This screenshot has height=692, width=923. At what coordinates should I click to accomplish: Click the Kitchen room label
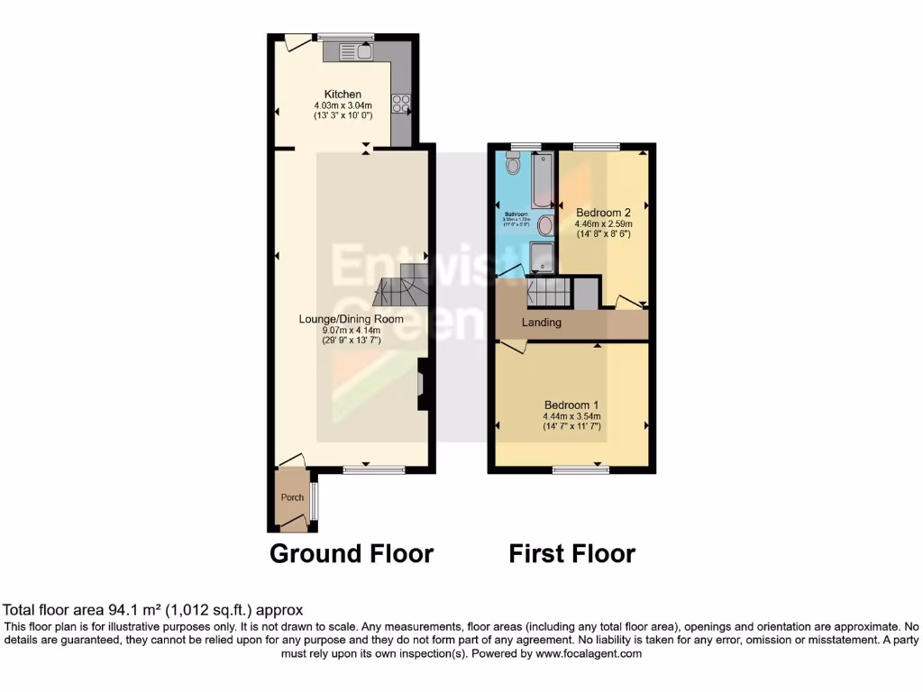click(343, 95)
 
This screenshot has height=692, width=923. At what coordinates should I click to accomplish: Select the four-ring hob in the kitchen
click(400, 104)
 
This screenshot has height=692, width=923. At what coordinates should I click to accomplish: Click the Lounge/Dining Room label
click(351, 319)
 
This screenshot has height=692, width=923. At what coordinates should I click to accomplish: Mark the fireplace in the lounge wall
click(422, 385)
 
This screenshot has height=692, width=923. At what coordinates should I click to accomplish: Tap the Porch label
click(292, 497)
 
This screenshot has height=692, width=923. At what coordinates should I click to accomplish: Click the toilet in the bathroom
click(513, 165)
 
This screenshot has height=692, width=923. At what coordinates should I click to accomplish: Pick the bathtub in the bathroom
click(542, 181)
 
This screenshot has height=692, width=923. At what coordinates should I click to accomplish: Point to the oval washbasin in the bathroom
click(545, 225)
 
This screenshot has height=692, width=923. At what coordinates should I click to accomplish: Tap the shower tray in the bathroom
click(542, 257)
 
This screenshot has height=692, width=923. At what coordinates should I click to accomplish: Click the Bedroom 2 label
click(603, 213)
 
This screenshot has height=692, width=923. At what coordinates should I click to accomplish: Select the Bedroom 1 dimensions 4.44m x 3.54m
click(571, 416)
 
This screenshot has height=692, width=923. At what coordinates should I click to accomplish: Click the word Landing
click(542, 323)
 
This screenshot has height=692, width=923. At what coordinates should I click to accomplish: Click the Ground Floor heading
click(352, 553)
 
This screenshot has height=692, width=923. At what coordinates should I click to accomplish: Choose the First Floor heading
click(571, 553)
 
